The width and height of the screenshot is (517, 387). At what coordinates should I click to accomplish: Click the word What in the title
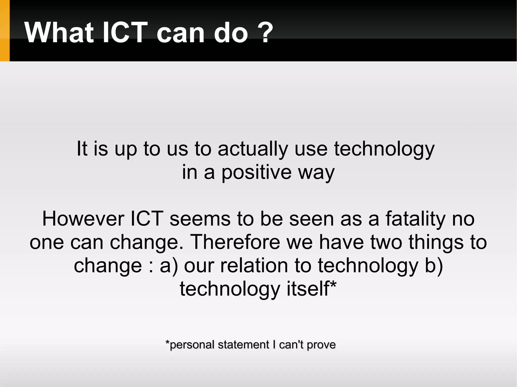tap(59, 33)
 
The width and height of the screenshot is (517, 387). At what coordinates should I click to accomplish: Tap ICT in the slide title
tap(125, 33)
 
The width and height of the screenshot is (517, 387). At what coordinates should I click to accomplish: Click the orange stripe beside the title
tap(5, 31)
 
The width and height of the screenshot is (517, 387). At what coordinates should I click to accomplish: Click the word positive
tap(256, 173)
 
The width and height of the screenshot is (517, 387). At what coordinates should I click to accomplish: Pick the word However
tap(83, 219)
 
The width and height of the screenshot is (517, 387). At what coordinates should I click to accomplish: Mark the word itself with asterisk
tap(311, 289)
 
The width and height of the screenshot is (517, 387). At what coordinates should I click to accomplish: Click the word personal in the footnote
tap(193, 345)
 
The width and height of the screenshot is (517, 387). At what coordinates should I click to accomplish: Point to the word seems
tap(200, 219)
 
